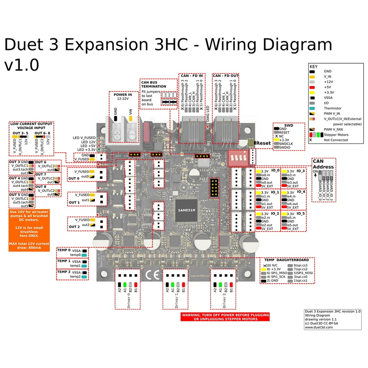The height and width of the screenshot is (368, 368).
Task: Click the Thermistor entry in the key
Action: tap(332, 108)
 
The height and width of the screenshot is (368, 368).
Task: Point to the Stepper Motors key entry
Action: tap(336, 135)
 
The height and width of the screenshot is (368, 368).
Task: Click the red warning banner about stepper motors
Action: tap(225, 317)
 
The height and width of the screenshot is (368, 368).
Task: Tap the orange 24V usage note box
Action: tap(29, 230)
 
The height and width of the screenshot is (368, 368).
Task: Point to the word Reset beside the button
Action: tap(263, 143)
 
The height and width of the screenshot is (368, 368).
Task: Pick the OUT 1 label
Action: tap(74, 202)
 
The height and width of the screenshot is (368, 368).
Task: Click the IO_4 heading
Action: tap(301, 192)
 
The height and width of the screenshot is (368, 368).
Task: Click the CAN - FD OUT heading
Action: tap(226, 75)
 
